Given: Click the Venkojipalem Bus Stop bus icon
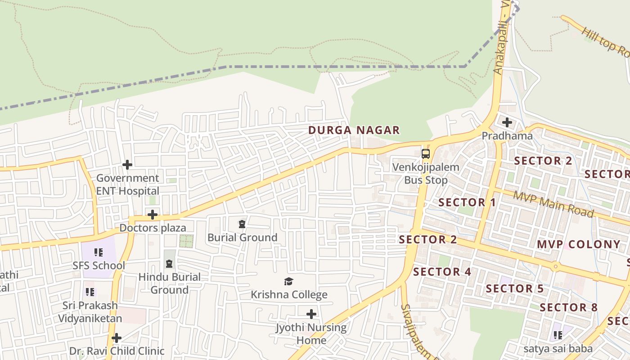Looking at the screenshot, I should tap(426, 154).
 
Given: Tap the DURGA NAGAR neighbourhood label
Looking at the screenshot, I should tap(354, 130).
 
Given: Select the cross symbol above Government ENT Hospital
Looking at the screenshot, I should tap(127, 165).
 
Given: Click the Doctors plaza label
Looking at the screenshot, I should tap(153, 228).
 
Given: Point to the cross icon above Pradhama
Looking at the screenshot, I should tap(507, 122).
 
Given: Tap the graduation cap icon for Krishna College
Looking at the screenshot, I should tap(288, 282).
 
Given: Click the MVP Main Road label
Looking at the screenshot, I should tap(553, 204).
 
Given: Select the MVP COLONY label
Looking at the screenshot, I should tap(579, 244).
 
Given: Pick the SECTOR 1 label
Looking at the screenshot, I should tap(467, 202).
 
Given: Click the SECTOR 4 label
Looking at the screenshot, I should tap(442, 272).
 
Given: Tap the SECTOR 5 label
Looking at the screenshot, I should tap(515, 288).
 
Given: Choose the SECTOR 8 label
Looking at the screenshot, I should tap(569, 308).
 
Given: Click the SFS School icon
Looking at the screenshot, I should tap(99, 252).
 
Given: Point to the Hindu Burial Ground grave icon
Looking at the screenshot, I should tap(169, 264).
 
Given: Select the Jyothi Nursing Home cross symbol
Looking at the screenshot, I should tap(311, 314).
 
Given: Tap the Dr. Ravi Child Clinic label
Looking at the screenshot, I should tap(117, 351).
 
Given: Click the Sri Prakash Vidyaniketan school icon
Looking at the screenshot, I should tap(90, 292).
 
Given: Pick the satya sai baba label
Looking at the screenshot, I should tap(558, 349).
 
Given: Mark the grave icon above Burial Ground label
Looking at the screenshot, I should tap(242, 224).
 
